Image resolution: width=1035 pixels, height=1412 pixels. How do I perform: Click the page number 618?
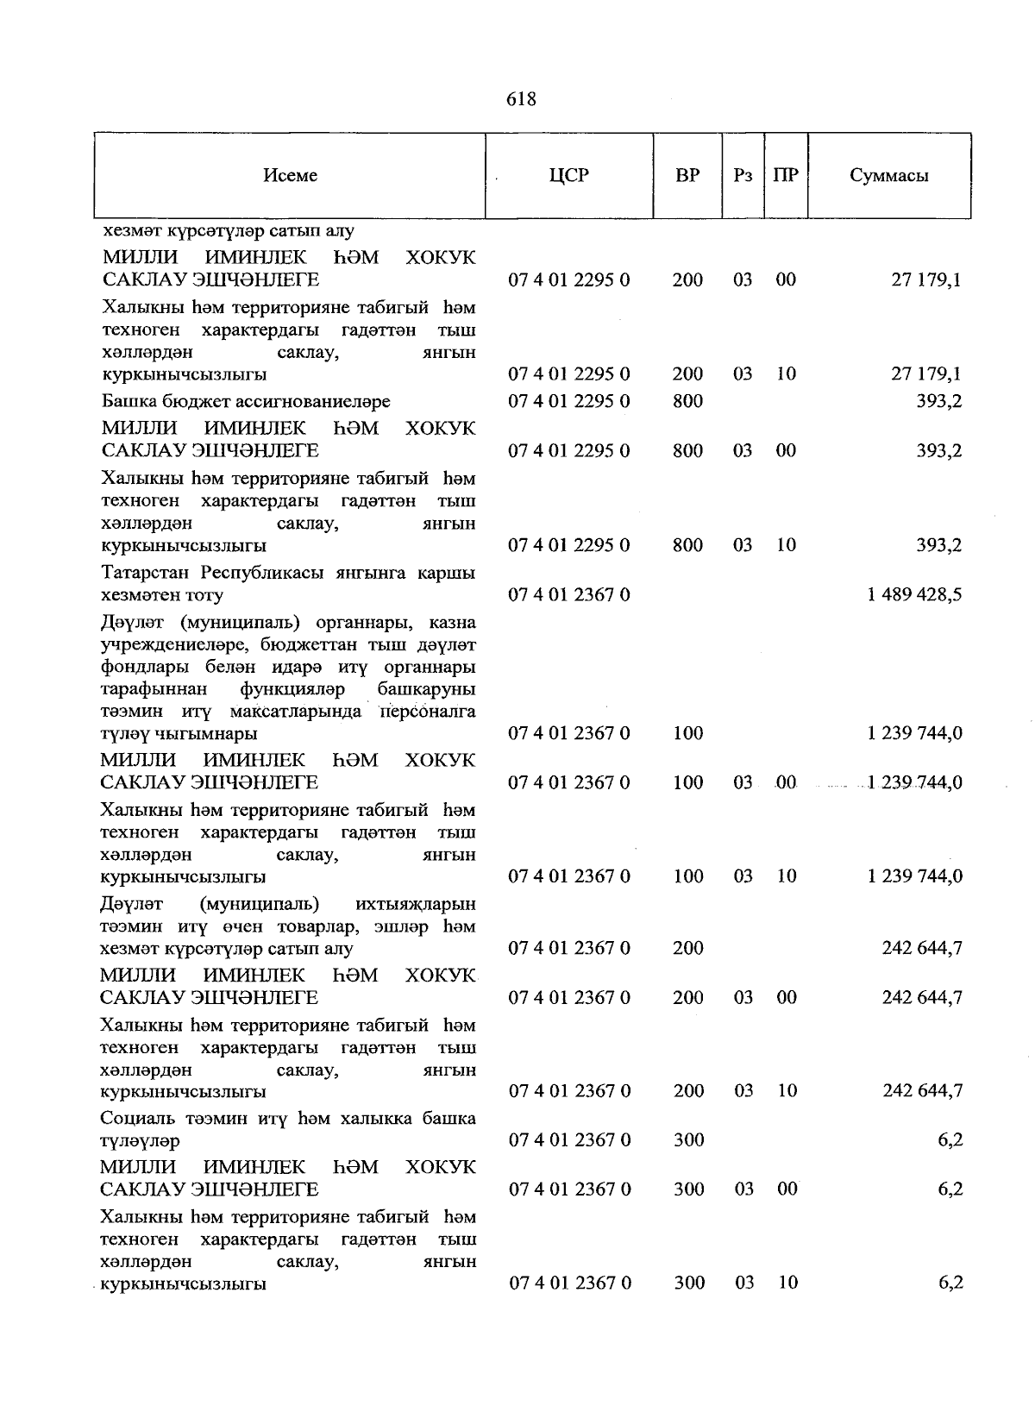click(521, 99)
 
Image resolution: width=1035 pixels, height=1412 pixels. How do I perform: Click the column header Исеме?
click(290, 175)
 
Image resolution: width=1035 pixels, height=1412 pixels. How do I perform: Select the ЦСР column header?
click(568, 175)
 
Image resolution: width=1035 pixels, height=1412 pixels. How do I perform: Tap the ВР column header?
click(687, 175)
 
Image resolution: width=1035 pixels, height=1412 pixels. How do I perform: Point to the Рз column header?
click(743, 175)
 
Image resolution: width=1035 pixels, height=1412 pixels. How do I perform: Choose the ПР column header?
click(786, 175)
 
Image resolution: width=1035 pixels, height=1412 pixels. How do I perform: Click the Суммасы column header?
click(888, 175)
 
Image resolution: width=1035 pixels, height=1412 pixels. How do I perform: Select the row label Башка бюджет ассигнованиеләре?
click(246, 401)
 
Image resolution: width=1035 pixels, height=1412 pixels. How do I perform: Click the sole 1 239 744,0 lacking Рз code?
click(914, 733)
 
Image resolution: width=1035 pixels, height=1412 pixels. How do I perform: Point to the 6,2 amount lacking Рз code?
click(950, 1140)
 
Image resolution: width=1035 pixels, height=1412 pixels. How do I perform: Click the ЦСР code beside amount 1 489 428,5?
click(569, 594)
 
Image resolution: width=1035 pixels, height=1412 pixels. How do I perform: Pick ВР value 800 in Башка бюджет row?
click(687, 401)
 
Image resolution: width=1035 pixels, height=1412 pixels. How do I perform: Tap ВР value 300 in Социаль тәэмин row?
click(688, 1140)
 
